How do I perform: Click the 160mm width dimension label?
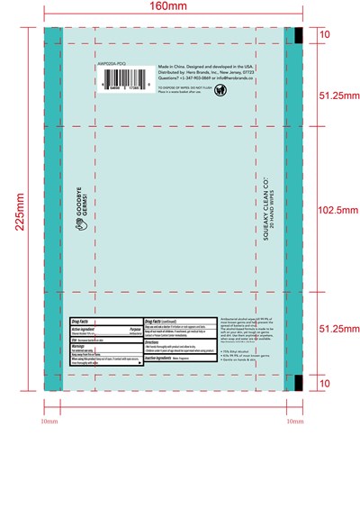click(x=171, y=8)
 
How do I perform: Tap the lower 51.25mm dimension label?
click(x=340, y=330)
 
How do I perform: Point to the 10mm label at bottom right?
click(x=294, y=421)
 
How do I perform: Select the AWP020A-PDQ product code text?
click(x=112, y=66)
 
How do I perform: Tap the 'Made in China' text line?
click(x=205, y=67)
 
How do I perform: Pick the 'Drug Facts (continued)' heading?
click(x=166, y=320)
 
